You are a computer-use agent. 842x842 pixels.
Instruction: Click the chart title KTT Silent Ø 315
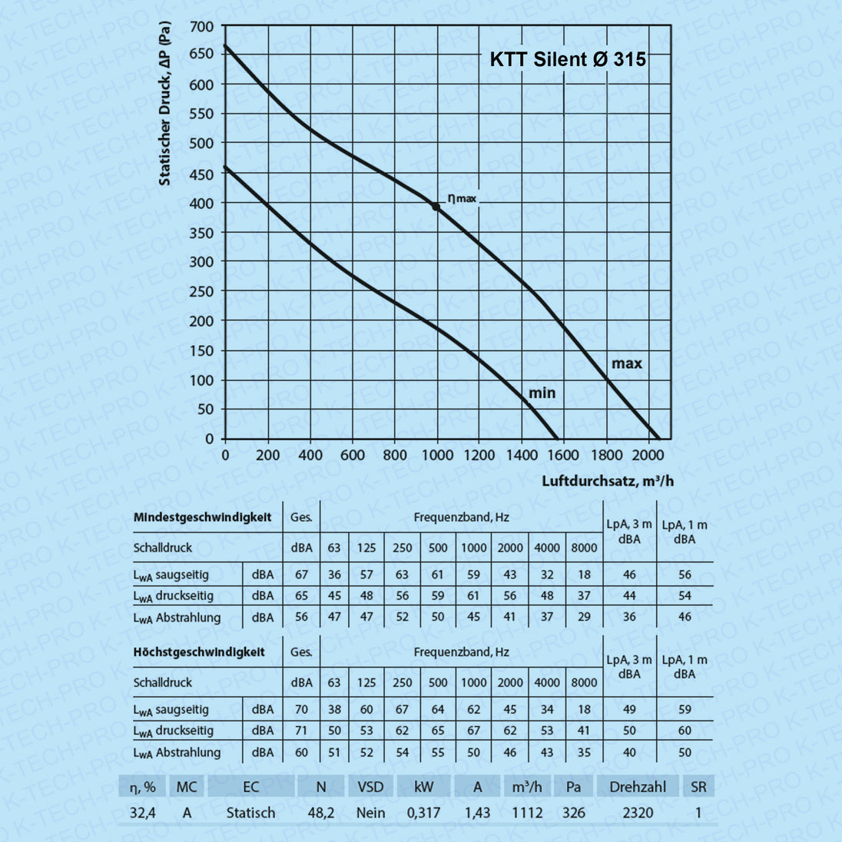pos(568,59)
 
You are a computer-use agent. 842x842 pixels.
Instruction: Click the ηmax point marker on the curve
pos(436,207)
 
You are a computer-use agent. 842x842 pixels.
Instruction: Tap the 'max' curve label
pos(626,363)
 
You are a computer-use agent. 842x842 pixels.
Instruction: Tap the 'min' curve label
pos(542,393)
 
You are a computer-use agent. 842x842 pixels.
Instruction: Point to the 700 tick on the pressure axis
pos(202,27)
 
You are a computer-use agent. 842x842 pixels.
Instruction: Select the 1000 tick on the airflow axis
pos(438,455)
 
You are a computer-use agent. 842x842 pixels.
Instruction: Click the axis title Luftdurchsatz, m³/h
pos(608,481)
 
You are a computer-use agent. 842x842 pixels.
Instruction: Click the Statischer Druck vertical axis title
pos(164,104)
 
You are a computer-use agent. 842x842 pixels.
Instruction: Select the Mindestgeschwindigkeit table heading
pos(202,517)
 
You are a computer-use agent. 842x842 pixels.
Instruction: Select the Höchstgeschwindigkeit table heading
pos(199,652)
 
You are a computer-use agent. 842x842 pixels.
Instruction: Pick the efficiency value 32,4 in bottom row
pos(142,812)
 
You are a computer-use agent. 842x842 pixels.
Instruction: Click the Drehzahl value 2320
pos(638,812)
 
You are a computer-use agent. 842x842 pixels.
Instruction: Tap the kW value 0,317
pos(423,812)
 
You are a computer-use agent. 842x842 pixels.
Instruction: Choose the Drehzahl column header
pos(638,787)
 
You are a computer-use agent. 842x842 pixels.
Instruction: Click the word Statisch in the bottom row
pos(250,812)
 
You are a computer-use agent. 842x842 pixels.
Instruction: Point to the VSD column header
pos(371,787)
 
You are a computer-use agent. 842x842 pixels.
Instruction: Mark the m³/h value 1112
pos(527,812)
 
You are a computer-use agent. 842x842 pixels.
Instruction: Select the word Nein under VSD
pos(370,812)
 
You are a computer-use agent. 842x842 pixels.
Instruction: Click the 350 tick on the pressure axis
pos(202,233)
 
